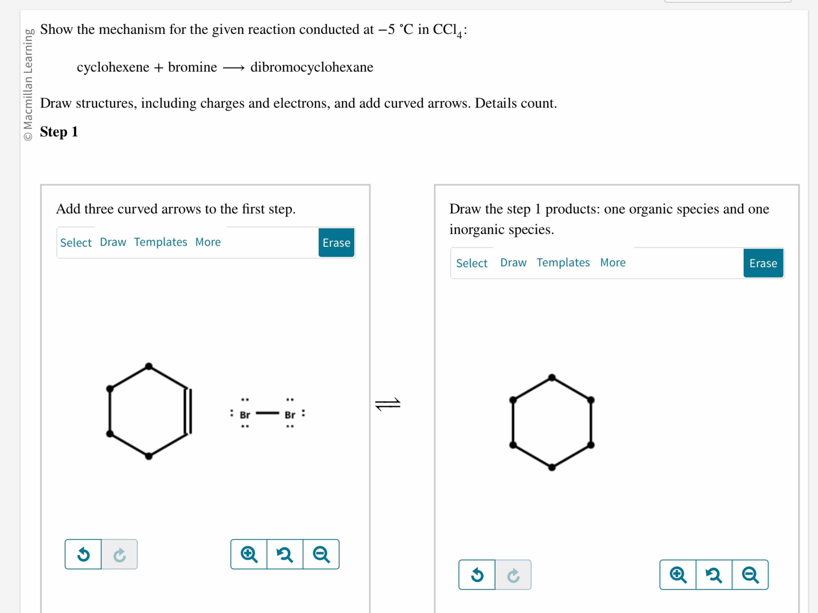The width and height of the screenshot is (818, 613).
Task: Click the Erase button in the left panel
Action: [336, 243]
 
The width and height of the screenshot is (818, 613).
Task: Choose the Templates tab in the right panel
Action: [563, 262]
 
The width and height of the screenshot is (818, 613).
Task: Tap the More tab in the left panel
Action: [208, 242]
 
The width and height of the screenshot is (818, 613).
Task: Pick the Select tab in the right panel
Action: [472, 263]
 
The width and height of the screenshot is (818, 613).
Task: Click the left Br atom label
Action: [245, 415]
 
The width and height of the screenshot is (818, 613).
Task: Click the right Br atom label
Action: [290, 415]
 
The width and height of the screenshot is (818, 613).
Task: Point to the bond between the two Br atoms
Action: [267, 413]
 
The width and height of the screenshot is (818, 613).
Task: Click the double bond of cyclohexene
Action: [188, 411]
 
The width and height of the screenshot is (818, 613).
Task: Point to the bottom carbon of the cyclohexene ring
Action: [149, 456]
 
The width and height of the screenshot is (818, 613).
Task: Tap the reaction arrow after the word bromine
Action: [234, 68]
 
